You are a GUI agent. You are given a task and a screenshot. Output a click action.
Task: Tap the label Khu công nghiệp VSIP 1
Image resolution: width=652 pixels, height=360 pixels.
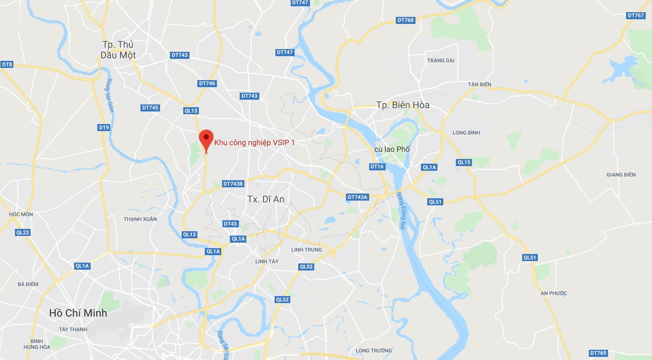pos(254,143)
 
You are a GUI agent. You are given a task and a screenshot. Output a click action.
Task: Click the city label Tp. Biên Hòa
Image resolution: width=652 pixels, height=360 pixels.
pos(402,105)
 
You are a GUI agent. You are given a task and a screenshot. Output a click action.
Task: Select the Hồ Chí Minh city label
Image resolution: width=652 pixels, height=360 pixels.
pos(78,313)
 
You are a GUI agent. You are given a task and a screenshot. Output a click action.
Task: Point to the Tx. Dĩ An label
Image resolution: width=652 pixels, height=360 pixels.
pos(266,199)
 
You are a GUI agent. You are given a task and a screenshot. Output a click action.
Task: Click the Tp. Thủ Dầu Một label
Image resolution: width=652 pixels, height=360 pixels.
pos(118,50)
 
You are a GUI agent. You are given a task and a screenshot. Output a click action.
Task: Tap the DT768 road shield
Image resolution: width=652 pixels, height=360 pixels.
pos(406,20)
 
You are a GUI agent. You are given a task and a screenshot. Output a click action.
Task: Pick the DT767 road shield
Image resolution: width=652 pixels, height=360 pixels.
pos(636,15)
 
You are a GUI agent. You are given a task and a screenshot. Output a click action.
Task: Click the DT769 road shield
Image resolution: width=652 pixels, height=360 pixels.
pos(598,353)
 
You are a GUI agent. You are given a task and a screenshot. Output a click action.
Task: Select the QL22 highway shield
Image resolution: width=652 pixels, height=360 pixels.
pos(23,232)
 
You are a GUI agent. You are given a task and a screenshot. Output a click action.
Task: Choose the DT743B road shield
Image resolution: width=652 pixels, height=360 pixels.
pos(233,184)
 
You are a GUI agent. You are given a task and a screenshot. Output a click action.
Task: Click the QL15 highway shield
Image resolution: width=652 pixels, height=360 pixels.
pos(464,162)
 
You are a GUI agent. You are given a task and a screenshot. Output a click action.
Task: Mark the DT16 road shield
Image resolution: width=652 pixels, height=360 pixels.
pos(377,166)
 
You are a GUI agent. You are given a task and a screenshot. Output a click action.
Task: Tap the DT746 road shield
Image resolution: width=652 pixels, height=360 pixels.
pos(207,83)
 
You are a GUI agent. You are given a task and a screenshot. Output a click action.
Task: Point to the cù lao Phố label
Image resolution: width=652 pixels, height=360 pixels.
pos(392,149)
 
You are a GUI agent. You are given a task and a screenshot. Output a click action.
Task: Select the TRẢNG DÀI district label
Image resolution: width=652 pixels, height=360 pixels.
pos(441,60)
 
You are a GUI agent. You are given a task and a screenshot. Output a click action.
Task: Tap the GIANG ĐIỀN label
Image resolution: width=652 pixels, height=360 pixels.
pos(621,175)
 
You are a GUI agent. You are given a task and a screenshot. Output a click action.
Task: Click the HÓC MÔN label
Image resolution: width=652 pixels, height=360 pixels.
pos(21,214)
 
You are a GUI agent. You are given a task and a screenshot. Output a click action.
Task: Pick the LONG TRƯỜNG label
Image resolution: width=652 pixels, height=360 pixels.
pos(373,351)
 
